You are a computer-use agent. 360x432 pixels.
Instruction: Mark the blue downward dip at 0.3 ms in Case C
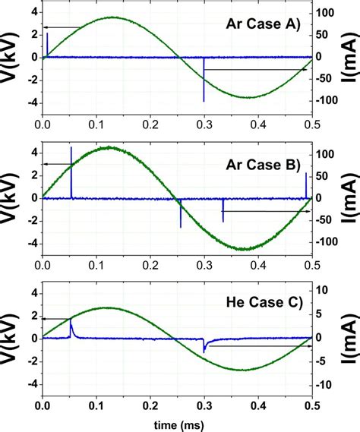(x=204, y=348)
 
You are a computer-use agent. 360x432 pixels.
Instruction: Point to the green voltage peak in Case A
(x=112, y=17)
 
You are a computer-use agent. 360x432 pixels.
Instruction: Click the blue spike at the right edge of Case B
(x=306, y=184)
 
